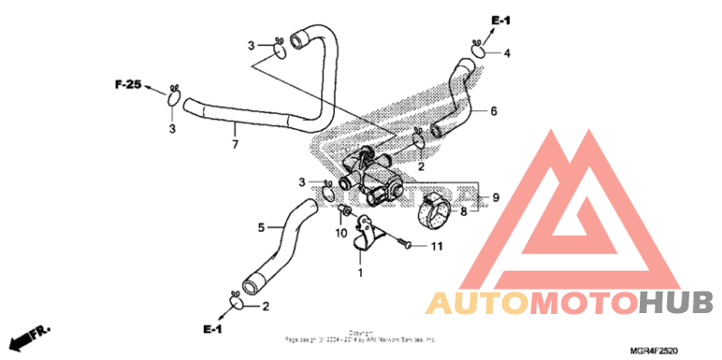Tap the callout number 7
click(235, 144)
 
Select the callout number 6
click(494, 112)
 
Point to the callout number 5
click(262, 227)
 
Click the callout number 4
click(506, 54)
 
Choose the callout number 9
click(495, 197)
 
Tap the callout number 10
click(341, 233)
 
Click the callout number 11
click(437, 245)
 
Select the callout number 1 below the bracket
click(360, 272)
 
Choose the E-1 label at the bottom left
click(212, 330)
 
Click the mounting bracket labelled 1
click(366, 234)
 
